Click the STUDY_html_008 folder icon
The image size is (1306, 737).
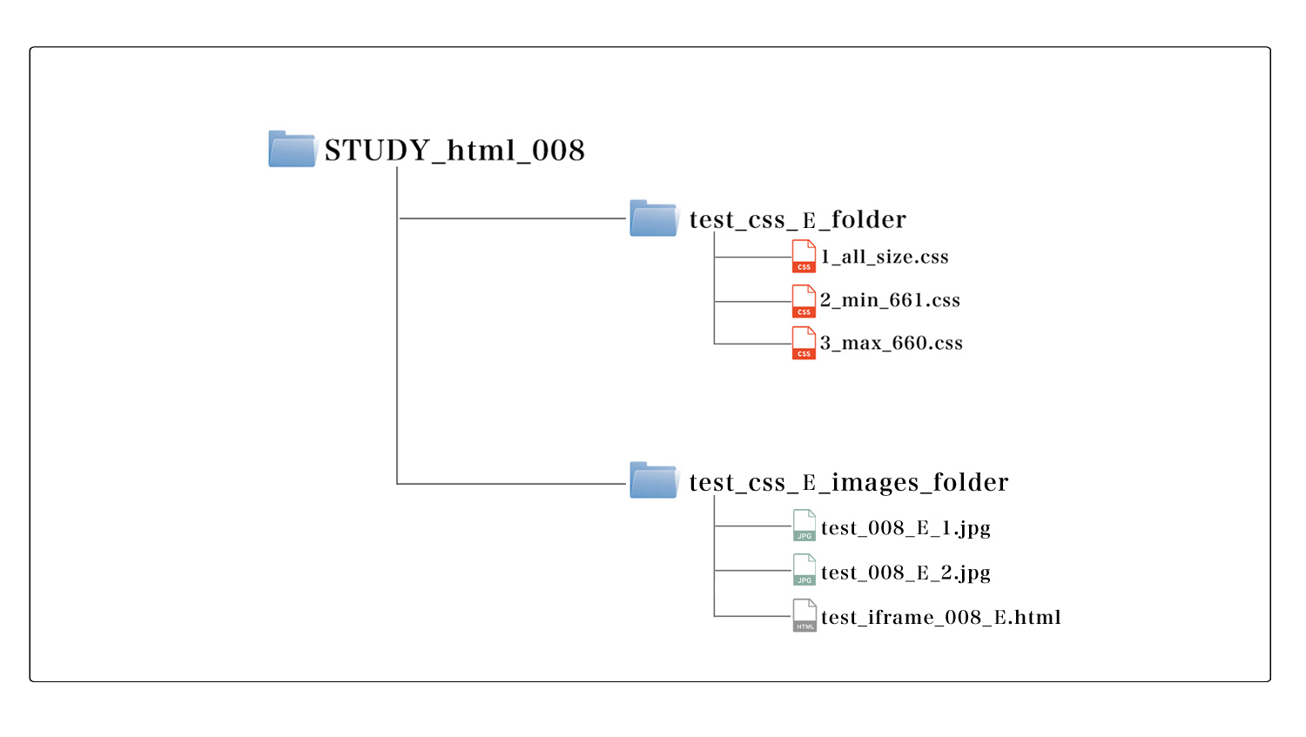293,149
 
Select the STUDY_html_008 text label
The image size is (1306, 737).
454,151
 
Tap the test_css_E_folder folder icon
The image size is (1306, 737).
654,218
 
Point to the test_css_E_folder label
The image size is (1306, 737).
798,219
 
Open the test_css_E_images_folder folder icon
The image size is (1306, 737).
654,480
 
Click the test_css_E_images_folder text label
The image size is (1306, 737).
849,482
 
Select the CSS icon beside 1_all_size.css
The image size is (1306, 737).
804,257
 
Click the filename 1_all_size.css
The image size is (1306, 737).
885,257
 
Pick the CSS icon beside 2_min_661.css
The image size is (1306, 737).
804,300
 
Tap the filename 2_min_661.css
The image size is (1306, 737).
890,300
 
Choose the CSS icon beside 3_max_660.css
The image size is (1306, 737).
804,343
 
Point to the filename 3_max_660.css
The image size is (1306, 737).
892,343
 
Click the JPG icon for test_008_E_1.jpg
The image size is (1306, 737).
804,526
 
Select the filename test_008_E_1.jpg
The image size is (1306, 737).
906,528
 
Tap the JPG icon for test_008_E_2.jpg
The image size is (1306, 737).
804,570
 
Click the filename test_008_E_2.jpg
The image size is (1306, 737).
906,573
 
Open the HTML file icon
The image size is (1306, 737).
804,616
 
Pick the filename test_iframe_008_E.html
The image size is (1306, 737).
941,617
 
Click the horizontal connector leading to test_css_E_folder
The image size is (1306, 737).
512,218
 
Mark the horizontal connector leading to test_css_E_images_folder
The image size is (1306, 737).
512,484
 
